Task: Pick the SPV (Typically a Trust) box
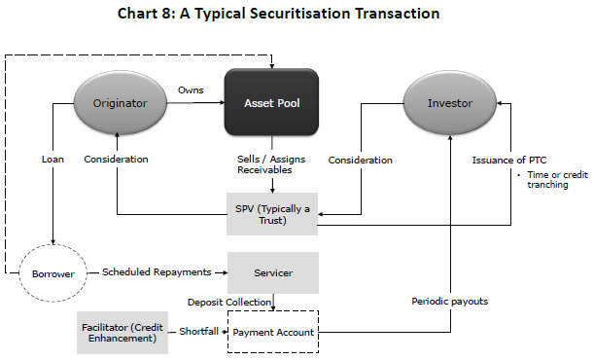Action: click(x=272, y=213)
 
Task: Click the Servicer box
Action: click(x=272, y=273)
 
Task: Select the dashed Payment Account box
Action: click(x=272, y=332)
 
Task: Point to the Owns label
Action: click(x=191, y=90)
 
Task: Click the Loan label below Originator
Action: click(x=52, y=159)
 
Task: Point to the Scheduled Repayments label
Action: click(x=153, y=273)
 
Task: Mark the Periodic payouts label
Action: click(x=449, y=302)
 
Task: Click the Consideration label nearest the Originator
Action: click(x=117, y=159)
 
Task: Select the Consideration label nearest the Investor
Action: click(x=361, y=160)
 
